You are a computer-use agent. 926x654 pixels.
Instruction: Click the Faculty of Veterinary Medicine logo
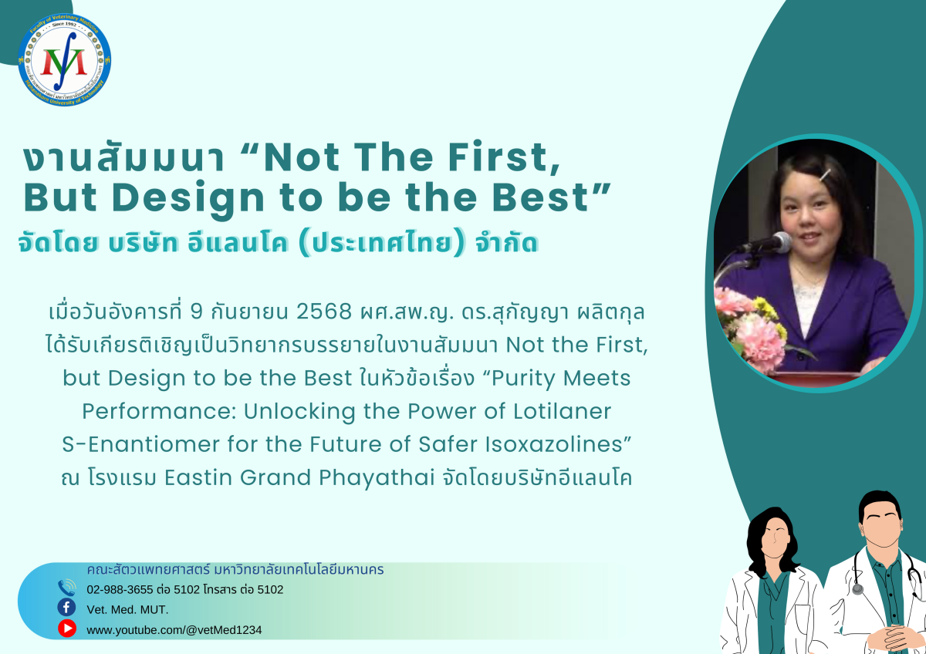pyautogui.click(x=65, y=60)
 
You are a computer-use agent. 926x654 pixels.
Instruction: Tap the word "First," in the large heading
pyautogui.click(x=505, y=157)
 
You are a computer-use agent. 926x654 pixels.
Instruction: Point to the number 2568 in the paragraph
pyautogui.click(x=323, y=312)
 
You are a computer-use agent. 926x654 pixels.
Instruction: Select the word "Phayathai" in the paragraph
pyautogui.click(x=377, y=478)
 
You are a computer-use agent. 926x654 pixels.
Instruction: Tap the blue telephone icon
pyautogui.click(x=66, y=588)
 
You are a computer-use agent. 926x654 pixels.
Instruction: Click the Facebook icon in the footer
pyautogui.click(x=66, y=608)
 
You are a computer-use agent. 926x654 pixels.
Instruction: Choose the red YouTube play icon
pyautogui.click(x=66, y=628)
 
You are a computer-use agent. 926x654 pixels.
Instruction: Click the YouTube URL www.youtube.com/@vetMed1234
pyautogui.click(x=174, y=630)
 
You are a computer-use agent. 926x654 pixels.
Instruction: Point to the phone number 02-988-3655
pyautogui.click(x=120, y=589)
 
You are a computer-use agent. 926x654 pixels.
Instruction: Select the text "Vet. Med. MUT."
pyautogui.click(x=128, y=610)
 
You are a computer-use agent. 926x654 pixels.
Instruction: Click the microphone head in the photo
pyautogui.click(x=779, y=241)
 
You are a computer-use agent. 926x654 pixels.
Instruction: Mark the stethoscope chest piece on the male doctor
pyautogui.click(x=858, y=588)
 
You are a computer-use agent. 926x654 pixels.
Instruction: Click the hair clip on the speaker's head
pyautogui.click(x=825, y=175)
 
